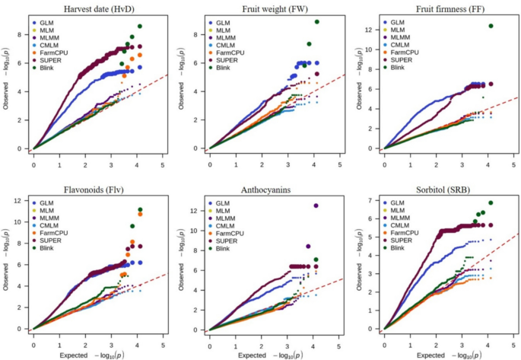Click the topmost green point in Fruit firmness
(x=491, y=26)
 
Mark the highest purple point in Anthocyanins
(x=316, y=205)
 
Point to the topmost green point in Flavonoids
(x=140, y=209)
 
